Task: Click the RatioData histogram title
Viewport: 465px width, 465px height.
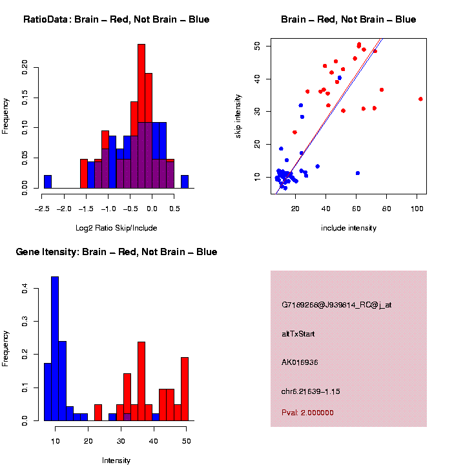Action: pyautogui.click(x=116, y=19)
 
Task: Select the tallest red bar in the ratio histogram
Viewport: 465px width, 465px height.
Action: pyautogui.click(x=141, y=116)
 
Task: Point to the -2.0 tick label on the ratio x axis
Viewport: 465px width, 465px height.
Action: pyautogui.click(x=64, y=209)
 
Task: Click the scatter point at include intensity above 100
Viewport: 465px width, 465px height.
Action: pyautogui.click(x=420, y=99)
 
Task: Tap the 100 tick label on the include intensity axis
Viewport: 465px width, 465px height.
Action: pyautogui.click(x=417, y=209)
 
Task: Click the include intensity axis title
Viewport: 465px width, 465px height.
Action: pyautogui.click(x=349, y=228)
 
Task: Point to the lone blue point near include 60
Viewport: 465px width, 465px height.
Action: pyautogui.click(x=358, y=173)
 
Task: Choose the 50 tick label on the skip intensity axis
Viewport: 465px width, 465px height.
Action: pyautogui.click(x=257, y=46)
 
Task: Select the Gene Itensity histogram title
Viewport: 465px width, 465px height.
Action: pyautogui.click(x=116, y=252)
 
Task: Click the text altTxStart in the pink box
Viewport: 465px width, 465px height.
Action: pyautogui.click(x=298, y=334)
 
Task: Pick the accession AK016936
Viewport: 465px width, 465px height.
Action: pyautogui.click(x=300, y=362)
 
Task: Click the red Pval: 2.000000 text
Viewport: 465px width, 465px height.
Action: pyautogui.click(x=307, y=413)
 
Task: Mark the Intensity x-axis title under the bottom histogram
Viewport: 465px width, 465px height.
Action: pyautogui.click(x=116, y=460)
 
